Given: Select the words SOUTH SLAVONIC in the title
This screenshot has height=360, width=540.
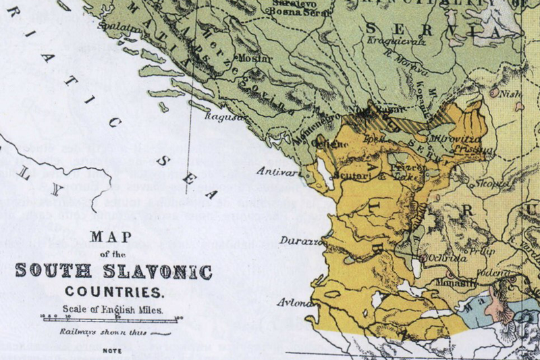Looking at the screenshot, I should [x=113, y=272].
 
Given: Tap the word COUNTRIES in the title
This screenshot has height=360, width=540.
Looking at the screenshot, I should [x=114, y=293].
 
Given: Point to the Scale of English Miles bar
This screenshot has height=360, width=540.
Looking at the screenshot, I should [x=111, y=319].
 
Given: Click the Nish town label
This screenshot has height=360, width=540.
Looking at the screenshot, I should [x=511, y=96].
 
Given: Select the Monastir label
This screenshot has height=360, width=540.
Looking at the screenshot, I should [x=454, y=283].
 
